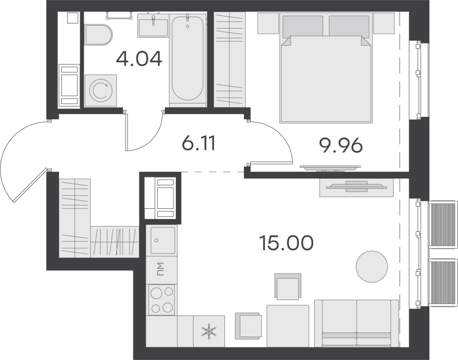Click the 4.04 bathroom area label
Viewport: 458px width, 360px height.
(139, 59)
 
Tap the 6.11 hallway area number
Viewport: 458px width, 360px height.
(198, 144)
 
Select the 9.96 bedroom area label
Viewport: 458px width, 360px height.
(341, 145)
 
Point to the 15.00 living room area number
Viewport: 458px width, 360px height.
(286, 243)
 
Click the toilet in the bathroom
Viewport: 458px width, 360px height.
(98, 35)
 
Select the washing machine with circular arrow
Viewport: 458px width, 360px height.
(101, 90)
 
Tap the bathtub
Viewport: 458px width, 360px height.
(187, 58)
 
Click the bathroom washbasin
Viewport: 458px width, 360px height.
(153, 26)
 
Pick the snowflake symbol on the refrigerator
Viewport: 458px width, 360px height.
(209, 331)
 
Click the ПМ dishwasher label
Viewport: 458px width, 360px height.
(161, 270)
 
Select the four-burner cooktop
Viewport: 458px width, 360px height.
(161, 299)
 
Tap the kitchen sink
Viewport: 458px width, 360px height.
(163, 240)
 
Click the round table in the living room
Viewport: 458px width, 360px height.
(372, 267)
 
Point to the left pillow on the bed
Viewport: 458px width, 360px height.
(303, 26)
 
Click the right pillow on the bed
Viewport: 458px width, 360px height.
(349, 26)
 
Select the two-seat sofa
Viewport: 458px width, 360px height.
(356, 323)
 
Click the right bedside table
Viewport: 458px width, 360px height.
(384, 23)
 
